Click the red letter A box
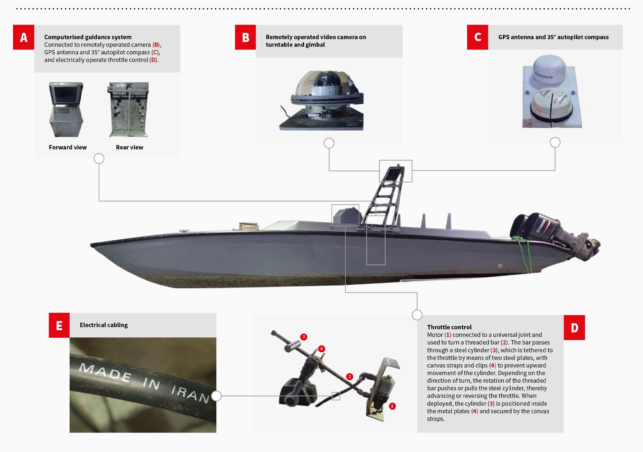(23, 37)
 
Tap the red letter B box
(245, 37)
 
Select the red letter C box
(477, 37)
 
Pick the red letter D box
(574, 327)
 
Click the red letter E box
(59, 325)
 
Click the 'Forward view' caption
(68, 147)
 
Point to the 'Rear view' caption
(129, 147)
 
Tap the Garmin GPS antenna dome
(549, 70)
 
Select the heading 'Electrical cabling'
(103, 325)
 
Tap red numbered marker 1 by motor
(392, 406)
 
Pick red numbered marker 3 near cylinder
(303, 337)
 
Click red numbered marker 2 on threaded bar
(349, 376)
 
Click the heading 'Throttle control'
(449, 327)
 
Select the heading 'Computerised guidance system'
(88, 37)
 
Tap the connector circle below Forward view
(99, 159)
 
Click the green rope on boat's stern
(524, 252)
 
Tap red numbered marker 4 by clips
(321, 349)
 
